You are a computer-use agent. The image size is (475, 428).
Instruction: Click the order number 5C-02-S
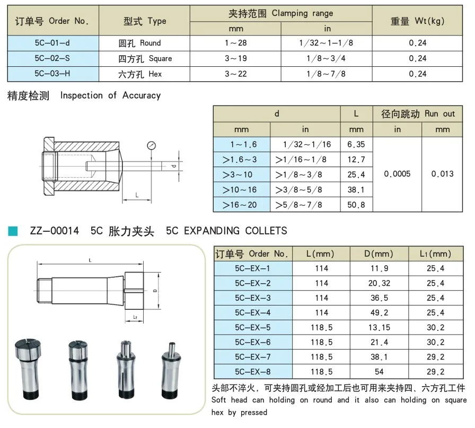tap(52, 58)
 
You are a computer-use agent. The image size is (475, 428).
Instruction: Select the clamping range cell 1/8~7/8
tap(326, 74)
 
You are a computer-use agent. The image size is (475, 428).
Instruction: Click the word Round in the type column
tap(150, 43)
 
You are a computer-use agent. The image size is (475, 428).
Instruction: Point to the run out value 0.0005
tap(397, 174)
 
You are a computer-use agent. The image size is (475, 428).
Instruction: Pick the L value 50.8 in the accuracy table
tap(356, 205)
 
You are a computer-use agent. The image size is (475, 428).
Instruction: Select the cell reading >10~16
tap(240, 190)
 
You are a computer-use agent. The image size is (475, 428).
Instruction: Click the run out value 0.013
tap(442, 174)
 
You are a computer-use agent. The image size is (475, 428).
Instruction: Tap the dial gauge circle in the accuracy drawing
tap(151, 145)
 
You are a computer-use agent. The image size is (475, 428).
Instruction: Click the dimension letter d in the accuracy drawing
tap(173, 166)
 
